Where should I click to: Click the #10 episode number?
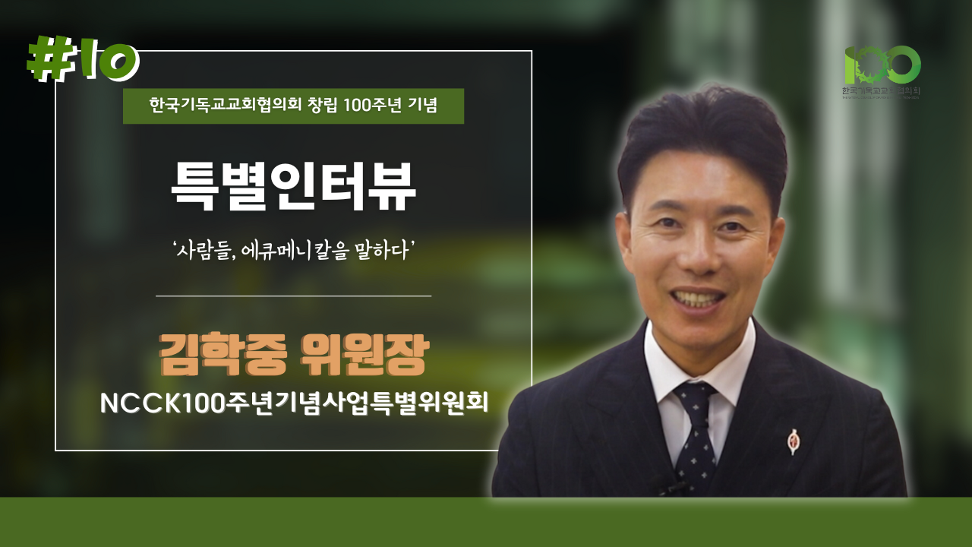click(x=84, y=59)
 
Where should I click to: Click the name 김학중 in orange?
click(x=222, y=355)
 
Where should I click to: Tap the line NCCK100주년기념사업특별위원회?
click(x=293, y=403)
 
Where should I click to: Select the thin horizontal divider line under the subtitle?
click(x=293, y=296)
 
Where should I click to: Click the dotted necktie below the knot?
click(x=697, y=448)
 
